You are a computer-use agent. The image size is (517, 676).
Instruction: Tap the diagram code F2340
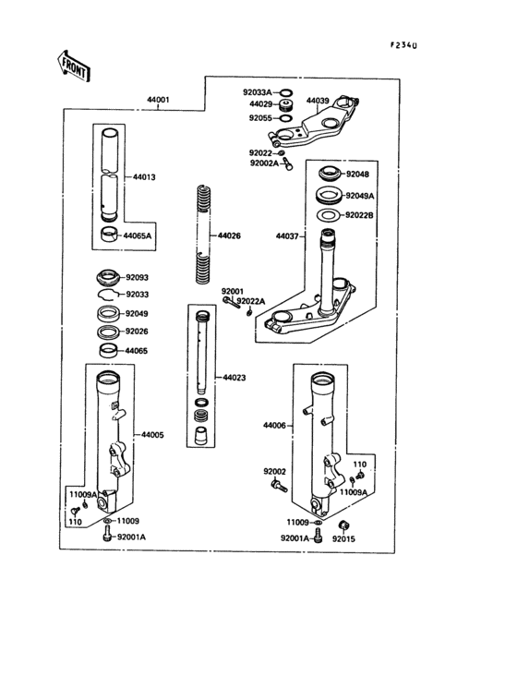403,45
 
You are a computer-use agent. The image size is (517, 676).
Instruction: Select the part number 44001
158,100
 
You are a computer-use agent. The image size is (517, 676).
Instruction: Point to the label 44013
144,177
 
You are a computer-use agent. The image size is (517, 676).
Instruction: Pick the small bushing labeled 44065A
109,234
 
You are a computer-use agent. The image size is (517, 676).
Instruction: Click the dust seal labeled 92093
107,277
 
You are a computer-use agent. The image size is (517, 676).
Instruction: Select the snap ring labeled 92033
108,295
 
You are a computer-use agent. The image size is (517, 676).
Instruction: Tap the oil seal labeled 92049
108,313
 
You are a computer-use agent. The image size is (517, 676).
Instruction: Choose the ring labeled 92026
108,332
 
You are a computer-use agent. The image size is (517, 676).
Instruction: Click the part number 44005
152,435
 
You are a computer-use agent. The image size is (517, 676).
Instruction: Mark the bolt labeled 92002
278,486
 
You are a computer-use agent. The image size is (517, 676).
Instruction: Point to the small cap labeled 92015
343,525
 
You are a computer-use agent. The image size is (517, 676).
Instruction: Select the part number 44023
234,378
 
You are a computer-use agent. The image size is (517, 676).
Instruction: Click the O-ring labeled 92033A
285,92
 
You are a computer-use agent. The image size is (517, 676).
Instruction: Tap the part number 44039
318,101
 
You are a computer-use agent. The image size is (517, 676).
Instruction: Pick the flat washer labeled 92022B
329,214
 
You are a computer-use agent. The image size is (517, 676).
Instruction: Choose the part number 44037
287,236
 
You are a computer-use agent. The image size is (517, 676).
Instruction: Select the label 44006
274,426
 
